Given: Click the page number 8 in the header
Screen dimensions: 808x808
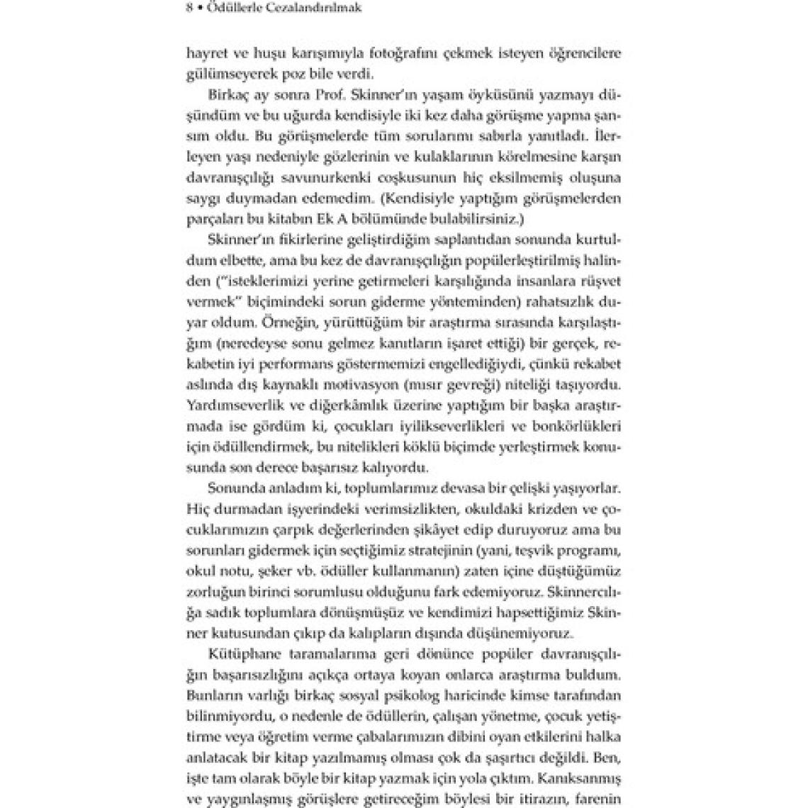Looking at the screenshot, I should click(x=189, y=9).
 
